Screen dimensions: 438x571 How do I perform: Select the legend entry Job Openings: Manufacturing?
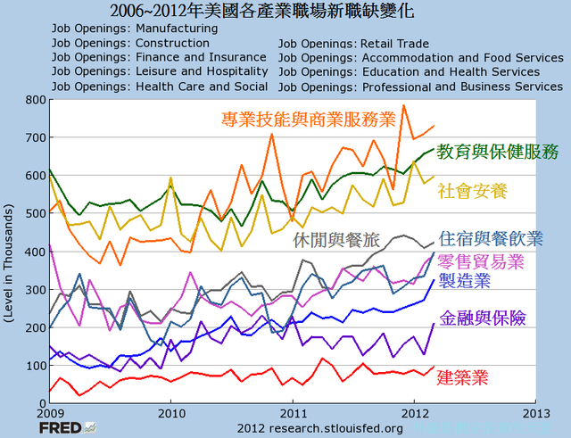tap(135, 29)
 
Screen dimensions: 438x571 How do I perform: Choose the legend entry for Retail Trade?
tap(353, 43)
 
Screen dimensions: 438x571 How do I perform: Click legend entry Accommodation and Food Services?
tap(420, 57)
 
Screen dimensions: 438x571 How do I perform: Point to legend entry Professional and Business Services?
tap(421, 87)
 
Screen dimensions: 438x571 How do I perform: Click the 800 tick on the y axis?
tap(36, 100)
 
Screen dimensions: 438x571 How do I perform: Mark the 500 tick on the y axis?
tap(36, 214)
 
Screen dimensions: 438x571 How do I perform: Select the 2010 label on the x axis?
tap(170, 414)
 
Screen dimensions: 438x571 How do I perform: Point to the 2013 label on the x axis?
tap(534, 414)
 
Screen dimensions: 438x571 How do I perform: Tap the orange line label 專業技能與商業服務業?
tap(308, 120)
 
